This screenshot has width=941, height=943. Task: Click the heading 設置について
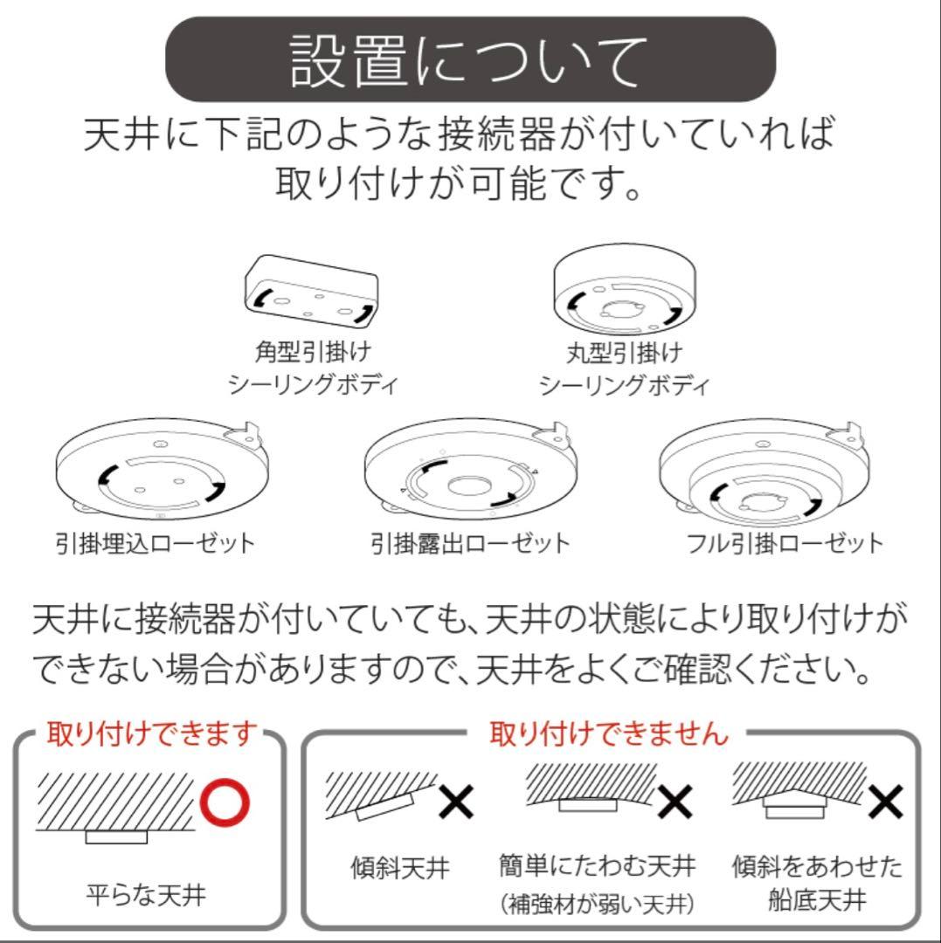click(x=470, y=59)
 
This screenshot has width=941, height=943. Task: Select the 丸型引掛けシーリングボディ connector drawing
click(x=623, y=291)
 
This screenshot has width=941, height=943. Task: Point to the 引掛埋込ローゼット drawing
click(x=162, y=471)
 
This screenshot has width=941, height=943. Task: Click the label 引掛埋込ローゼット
click(x=155, y=543)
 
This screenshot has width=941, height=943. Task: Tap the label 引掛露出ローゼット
click(x=470, y=543)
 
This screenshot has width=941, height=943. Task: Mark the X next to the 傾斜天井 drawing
click(x=455, y=802)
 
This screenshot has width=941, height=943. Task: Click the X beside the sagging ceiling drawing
click(x=675, y=802)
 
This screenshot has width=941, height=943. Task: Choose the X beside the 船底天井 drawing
click(x=886, y=802)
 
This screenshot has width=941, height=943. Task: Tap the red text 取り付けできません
click(x=609, y=733)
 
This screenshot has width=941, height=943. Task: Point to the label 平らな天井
click(x=147, y=895)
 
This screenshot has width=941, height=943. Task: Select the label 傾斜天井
click(x=400, y=868)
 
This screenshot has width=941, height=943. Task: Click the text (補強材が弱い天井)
click(x=597, y=904)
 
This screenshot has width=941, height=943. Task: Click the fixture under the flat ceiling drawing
click(x=116, y=837)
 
